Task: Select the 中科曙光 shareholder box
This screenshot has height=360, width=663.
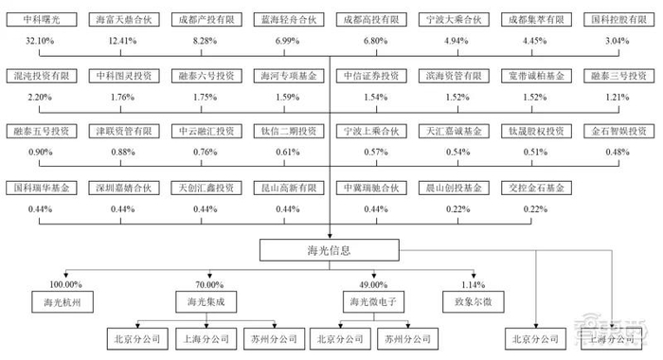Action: pos(37,20)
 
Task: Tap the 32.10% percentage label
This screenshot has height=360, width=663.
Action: pos(37,41)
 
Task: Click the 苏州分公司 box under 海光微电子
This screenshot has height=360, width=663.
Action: pos(402,337)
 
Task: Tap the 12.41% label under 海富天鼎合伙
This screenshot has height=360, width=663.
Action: pos(118,41)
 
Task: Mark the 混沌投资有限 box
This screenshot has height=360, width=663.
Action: pos(37,75)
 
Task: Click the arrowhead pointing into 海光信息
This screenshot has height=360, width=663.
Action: pos(329,236)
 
